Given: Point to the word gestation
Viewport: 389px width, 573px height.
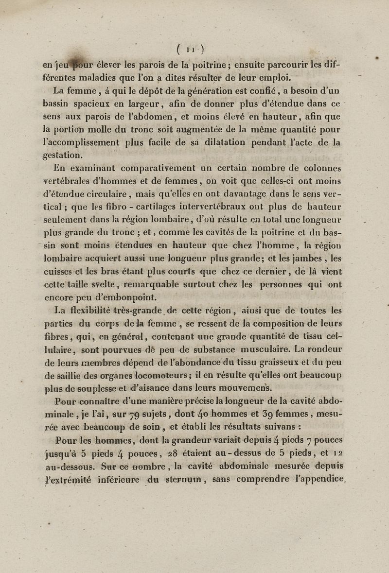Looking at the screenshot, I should (61, 156).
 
